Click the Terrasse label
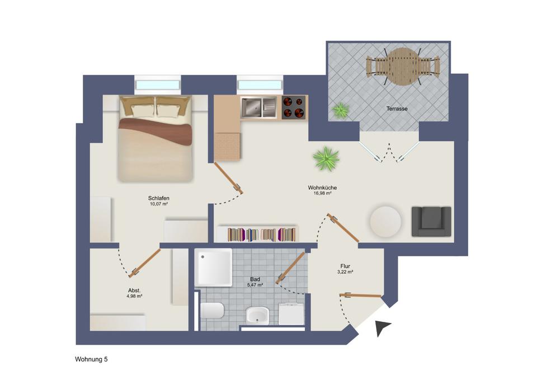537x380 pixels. (x=397, y=109)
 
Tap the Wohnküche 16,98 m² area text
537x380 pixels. (x=322, y=190)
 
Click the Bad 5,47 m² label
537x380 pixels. (x=255, y=282)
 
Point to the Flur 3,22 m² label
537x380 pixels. (x=345, y=269)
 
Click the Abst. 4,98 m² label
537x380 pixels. (x=134, y=293)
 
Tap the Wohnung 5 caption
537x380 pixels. (x=91, y=359)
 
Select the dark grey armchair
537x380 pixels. (x=431, y=221)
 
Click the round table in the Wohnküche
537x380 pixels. (x=385, y=222)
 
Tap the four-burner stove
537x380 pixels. (x=294, y=107)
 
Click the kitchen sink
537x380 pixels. (x=259, y=107)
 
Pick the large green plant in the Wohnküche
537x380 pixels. (x=326, y=159)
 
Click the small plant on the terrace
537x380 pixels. (x=340, y=110)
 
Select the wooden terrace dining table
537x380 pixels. (x=403, y=66)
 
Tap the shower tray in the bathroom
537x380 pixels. (x=213, y=268)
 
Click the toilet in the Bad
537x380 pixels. (x=212, y=311)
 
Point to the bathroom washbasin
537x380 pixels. (x=257, y=315)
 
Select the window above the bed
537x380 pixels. (x=158, y=85)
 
